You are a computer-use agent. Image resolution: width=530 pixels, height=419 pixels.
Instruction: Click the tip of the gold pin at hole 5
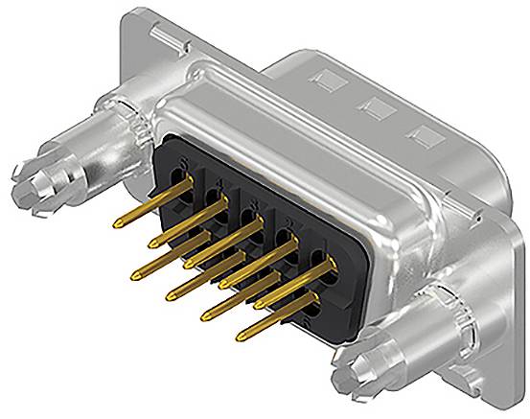(115, 222)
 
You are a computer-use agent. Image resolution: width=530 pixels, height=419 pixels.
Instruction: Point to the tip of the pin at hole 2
(205, 312)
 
